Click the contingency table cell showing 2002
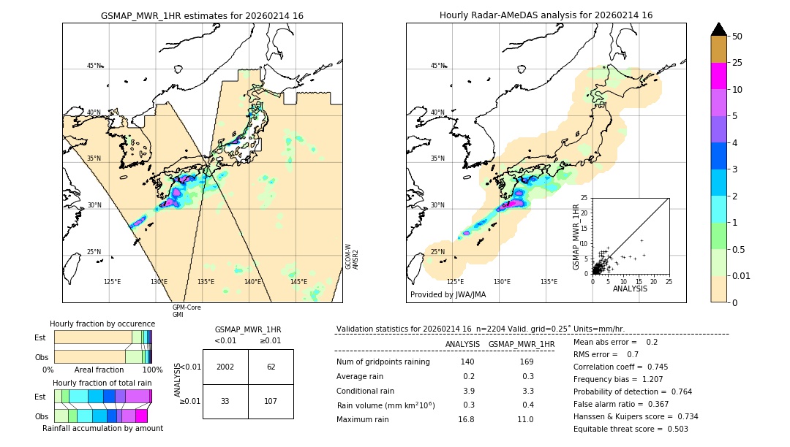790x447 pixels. click(225, 367)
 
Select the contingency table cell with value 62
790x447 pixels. click(271, 367)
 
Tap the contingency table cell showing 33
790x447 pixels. click(225, 401)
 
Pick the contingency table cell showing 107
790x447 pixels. click(271, 401)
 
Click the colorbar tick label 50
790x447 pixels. click(737, 37)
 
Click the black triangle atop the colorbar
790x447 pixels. click(719, 29)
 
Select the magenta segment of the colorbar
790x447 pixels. click(719, 76)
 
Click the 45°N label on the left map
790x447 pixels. click(94, 66)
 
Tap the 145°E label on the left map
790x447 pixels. click(298, 282)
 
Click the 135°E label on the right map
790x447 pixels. click(549, 282)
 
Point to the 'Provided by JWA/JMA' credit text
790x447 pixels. click(448, 294)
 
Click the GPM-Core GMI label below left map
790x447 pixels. click(187, 311)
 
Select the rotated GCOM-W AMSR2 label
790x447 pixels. click(351, 257)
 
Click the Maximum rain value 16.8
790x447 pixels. click(466, 419)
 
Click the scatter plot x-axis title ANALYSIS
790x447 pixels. click(630, 289)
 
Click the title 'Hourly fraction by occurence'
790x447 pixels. click(102, 324)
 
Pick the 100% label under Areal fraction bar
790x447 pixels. click(152, 370)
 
